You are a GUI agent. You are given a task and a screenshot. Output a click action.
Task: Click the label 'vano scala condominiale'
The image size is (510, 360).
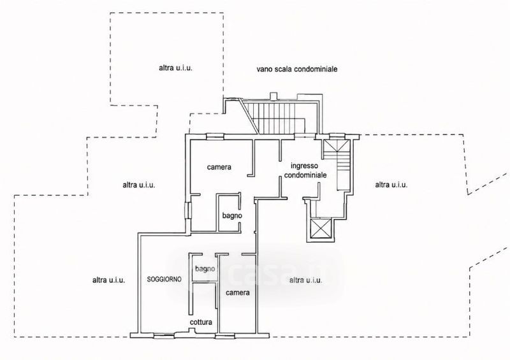[296, 69]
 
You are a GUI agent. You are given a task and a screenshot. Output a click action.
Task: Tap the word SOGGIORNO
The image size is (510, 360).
[164, 279]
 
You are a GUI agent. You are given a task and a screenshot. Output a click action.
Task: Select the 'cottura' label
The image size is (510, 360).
[201, 322]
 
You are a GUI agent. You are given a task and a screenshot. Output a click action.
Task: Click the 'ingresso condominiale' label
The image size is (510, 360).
[305, 170]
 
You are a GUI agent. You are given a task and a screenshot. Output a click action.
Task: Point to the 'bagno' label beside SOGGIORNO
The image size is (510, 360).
[205, 269]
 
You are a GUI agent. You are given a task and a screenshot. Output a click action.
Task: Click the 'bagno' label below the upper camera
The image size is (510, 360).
[232, 215]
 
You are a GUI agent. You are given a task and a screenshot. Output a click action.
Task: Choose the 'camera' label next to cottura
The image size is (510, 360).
[238, 292]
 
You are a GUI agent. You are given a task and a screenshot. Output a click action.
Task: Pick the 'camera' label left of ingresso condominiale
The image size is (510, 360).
[219, 167]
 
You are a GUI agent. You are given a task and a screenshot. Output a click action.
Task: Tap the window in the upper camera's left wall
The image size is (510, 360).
[187, 210]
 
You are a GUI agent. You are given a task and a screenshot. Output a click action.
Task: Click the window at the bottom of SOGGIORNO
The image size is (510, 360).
[164, 336]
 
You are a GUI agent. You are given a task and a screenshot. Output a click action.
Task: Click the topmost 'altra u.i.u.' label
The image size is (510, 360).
[176, 68]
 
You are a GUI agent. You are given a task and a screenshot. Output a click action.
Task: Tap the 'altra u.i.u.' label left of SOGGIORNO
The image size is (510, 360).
[108, 280]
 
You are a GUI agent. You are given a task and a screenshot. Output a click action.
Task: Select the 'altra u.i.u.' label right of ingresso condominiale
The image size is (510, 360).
[391, 185]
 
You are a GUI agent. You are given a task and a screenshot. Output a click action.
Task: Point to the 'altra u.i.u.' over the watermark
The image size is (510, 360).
[306, 280]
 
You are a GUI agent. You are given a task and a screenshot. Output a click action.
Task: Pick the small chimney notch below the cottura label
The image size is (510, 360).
[193, 331]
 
